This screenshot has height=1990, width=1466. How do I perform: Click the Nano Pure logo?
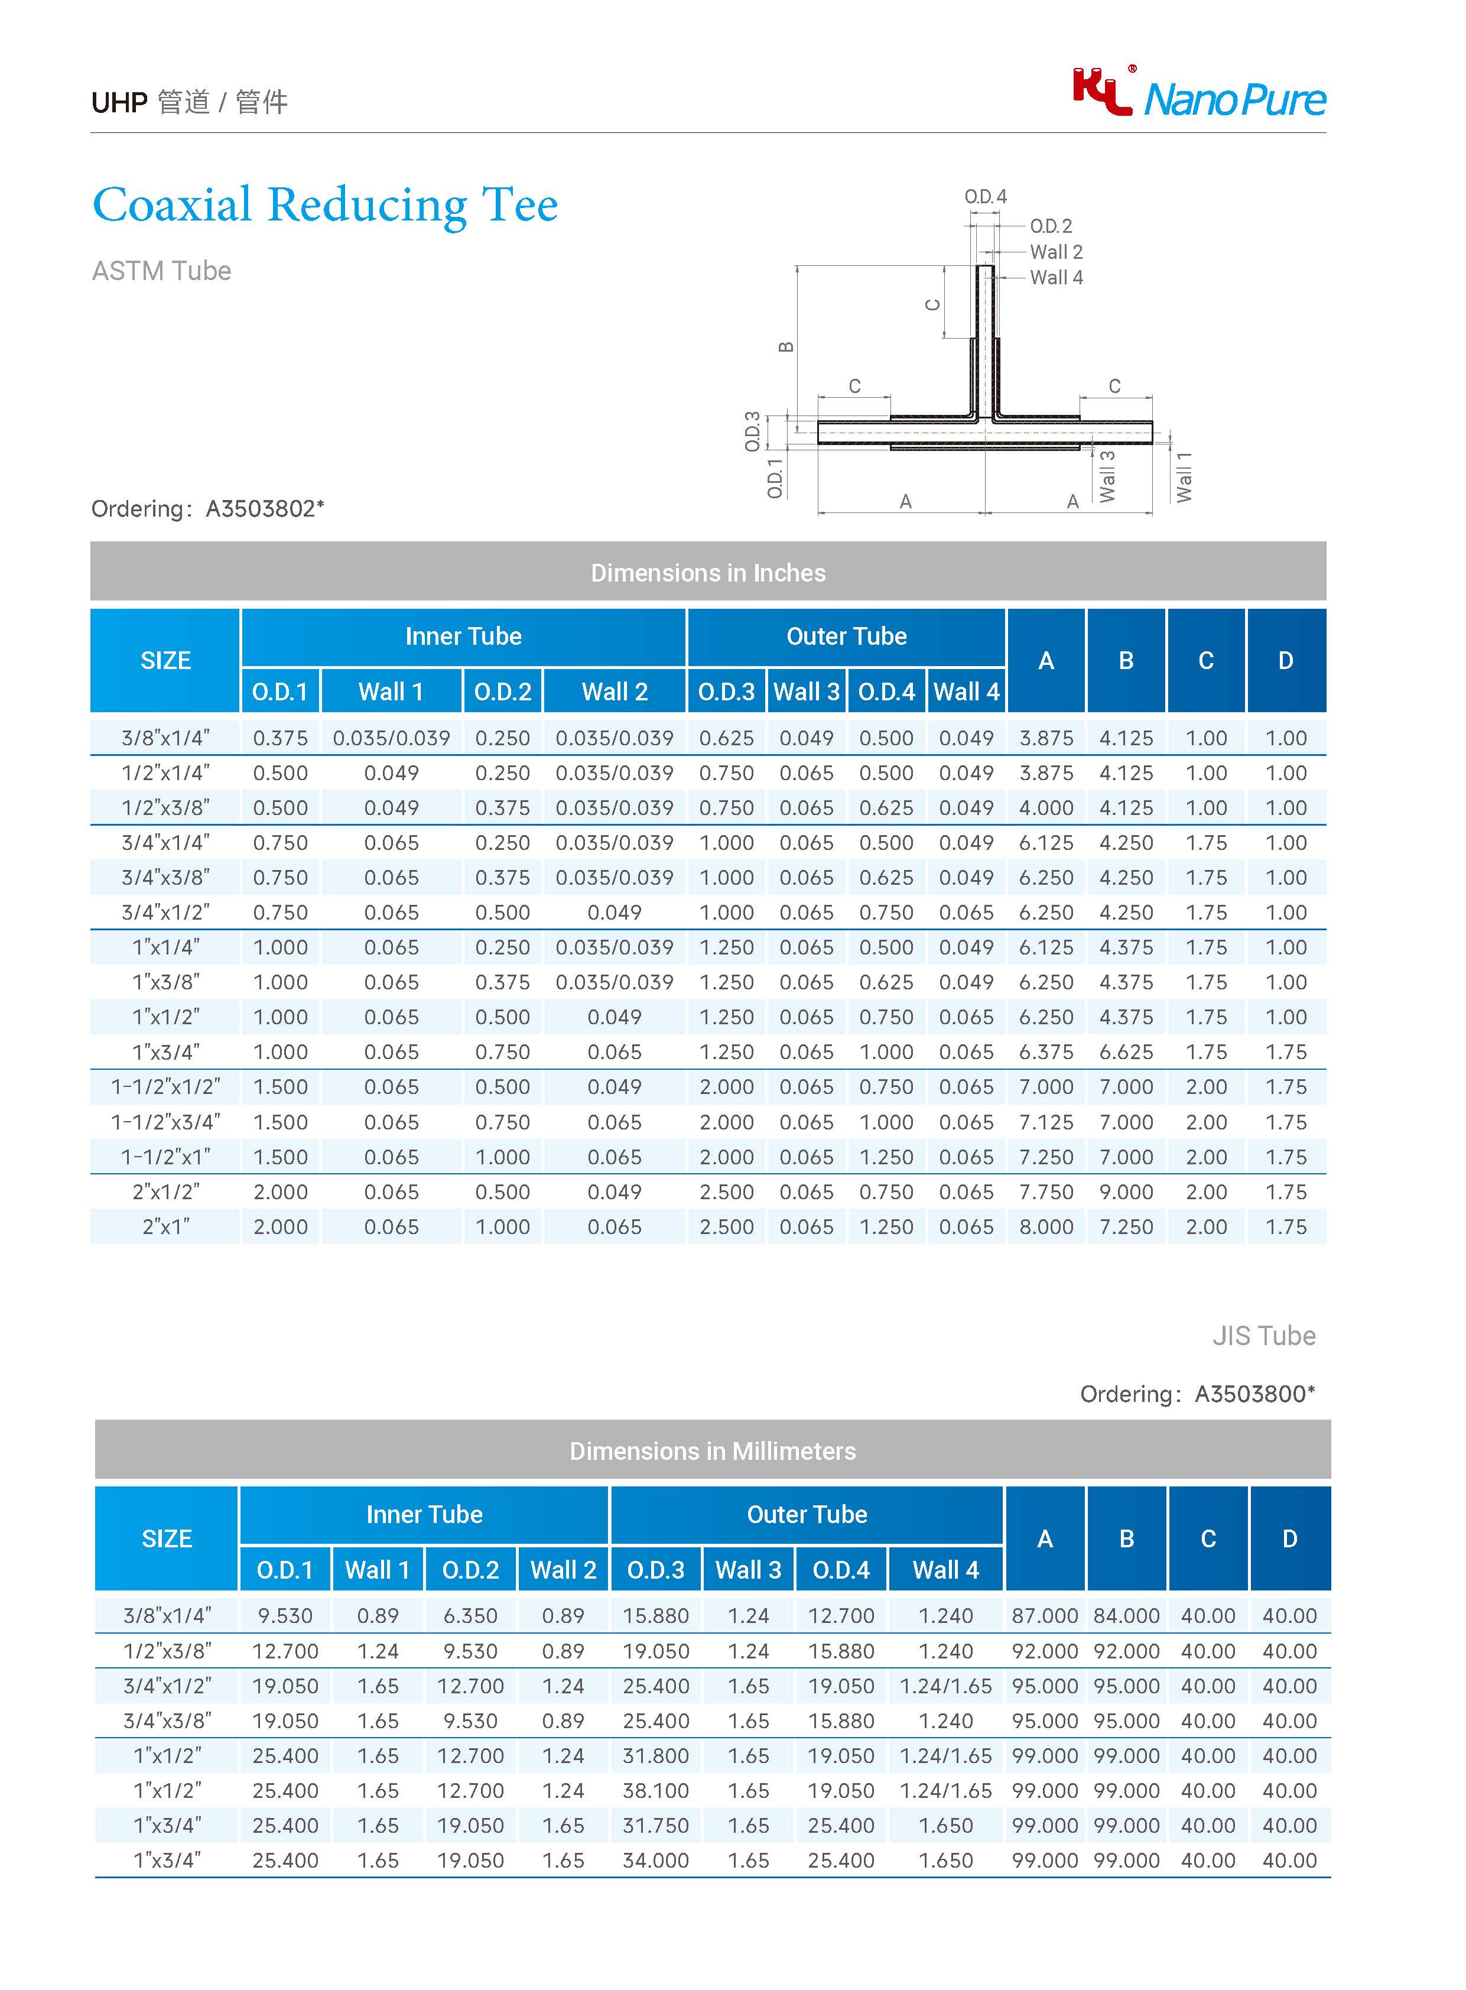1199,94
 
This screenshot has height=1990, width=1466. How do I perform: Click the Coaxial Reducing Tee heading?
325,205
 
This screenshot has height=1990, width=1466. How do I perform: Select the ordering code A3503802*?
265,509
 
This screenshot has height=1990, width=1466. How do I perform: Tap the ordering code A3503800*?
1254,1394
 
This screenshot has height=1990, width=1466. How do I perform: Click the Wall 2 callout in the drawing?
1055,252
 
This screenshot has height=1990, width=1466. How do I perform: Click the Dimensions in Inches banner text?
708,573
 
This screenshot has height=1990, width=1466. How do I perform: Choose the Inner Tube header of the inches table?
463,637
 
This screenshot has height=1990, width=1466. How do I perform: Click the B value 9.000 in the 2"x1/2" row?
1126,1192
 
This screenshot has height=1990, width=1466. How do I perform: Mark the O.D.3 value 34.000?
656,1861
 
